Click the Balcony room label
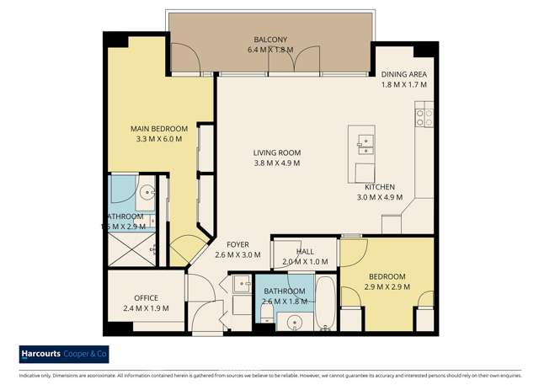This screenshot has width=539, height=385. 271,40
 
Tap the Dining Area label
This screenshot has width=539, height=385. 404,73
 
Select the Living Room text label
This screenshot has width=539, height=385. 276,152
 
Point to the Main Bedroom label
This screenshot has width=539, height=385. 158,128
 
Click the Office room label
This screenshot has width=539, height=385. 147,297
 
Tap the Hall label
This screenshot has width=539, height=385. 306,251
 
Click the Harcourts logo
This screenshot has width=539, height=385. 45,354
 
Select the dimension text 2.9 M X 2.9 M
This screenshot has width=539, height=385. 387,287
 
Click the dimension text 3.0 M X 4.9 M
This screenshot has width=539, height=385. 382,199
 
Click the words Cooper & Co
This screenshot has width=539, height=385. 90,354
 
